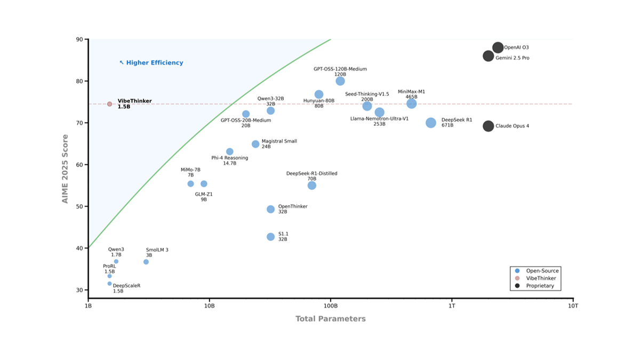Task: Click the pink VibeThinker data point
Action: [109, 104]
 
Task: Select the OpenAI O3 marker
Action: [498, 47]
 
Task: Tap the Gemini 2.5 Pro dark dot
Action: [488, 56]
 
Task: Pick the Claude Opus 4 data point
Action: [488, 126]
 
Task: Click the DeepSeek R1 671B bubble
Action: [431, 123]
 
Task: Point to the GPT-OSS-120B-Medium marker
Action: [340, 81]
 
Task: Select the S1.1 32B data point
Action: [270, 237]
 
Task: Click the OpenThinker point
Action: [270, 209]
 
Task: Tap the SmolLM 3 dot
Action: [146, 262]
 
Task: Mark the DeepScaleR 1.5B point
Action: [109, 284]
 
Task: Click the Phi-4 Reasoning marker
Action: [229, 151]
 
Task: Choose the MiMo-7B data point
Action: [190, 184]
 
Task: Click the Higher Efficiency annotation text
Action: [154, 63]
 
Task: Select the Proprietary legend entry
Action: [540, 286]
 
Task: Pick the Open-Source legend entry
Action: [542, 271]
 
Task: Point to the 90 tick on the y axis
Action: [79, 39]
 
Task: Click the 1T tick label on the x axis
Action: [452, 306]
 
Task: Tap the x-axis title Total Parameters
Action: [331, 319]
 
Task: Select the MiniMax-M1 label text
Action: [411, 92]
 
